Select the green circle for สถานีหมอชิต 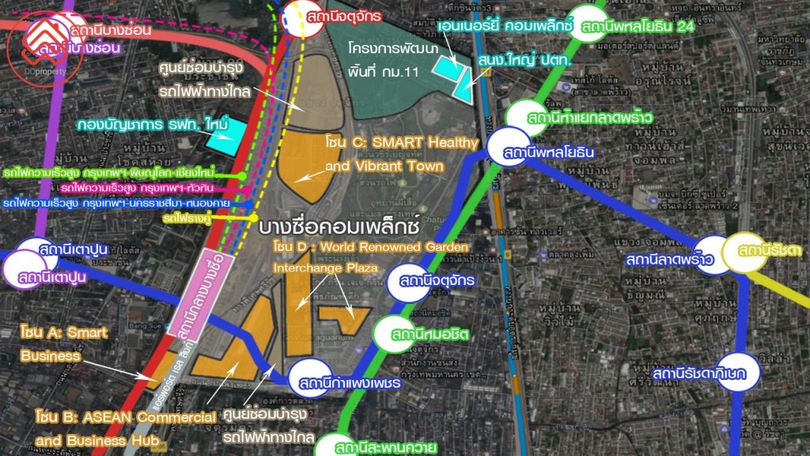pos(393,334)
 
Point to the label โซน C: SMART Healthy pos(402,142)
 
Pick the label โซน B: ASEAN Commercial pos(127,416)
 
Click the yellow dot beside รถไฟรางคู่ pos(253,216)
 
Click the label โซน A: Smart pos(65,333)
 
